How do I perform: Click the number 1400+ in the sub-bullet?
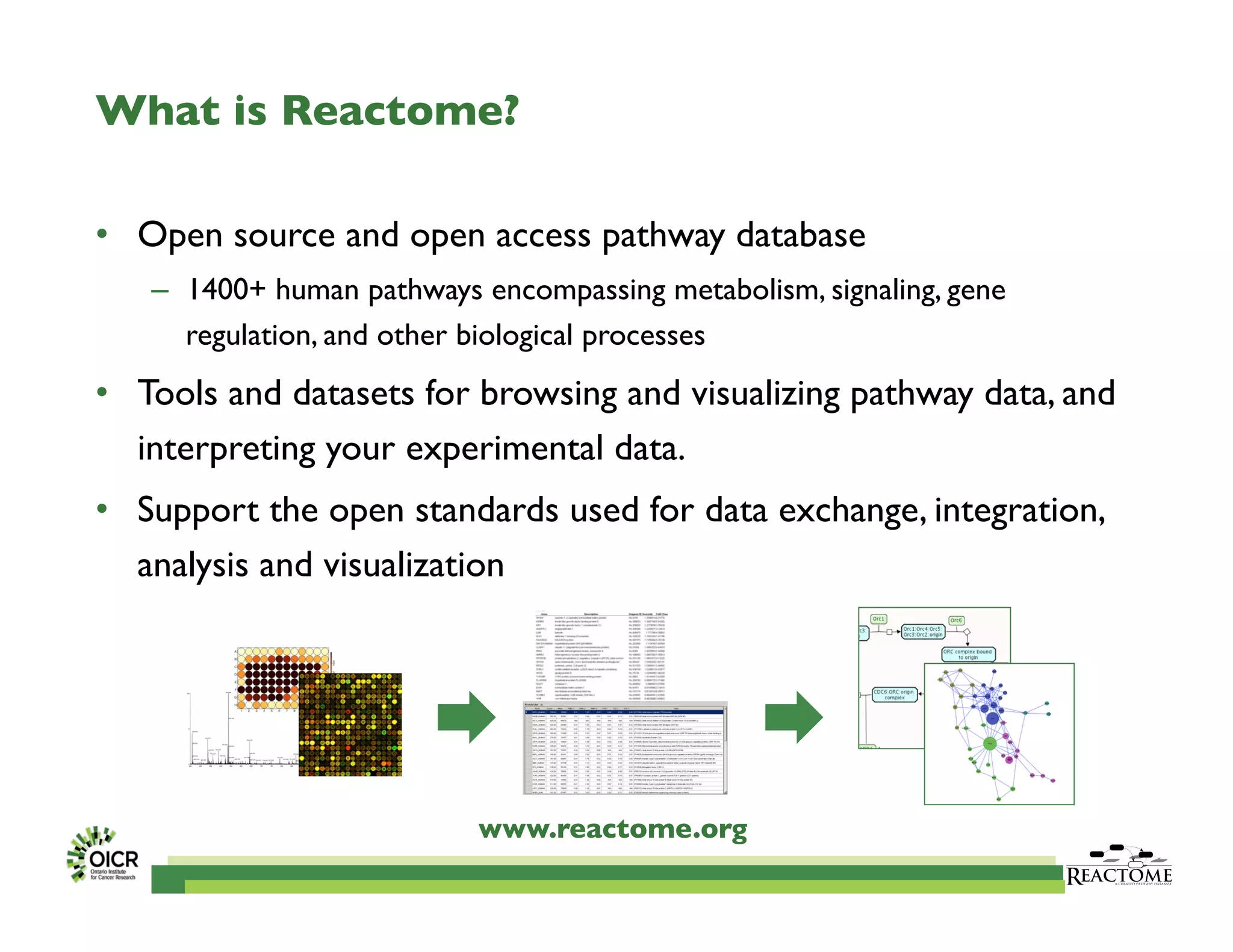tap(226, 290)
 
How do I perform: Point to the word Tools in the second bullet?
tap(177, 394)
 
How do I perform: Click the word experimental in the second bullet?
tap(505, 449)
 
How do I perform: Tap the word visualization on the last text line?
tap(413, 566)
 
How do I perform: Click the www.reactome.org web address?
tap(613, 829)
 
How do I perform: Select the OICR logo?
tap(103, 855)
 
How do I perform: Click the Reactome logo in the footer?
tap(1119, 867)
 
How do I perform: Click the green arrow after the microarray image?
tap(466, 717)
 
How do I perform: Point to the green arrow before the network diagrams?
tap(794, 717)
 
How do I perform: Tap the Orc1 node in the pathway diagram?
tap(879, 619)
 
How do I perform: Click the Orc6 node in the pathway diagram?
tap(956, 620)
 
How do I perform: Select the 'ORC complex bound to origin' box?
tap(967, 655)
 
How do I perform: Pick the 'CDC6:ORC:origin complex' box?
tap(894, 694)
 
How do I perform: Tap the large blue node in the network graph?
tap(992, 717)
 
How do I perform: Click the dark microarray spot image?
tap(350, 725)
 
